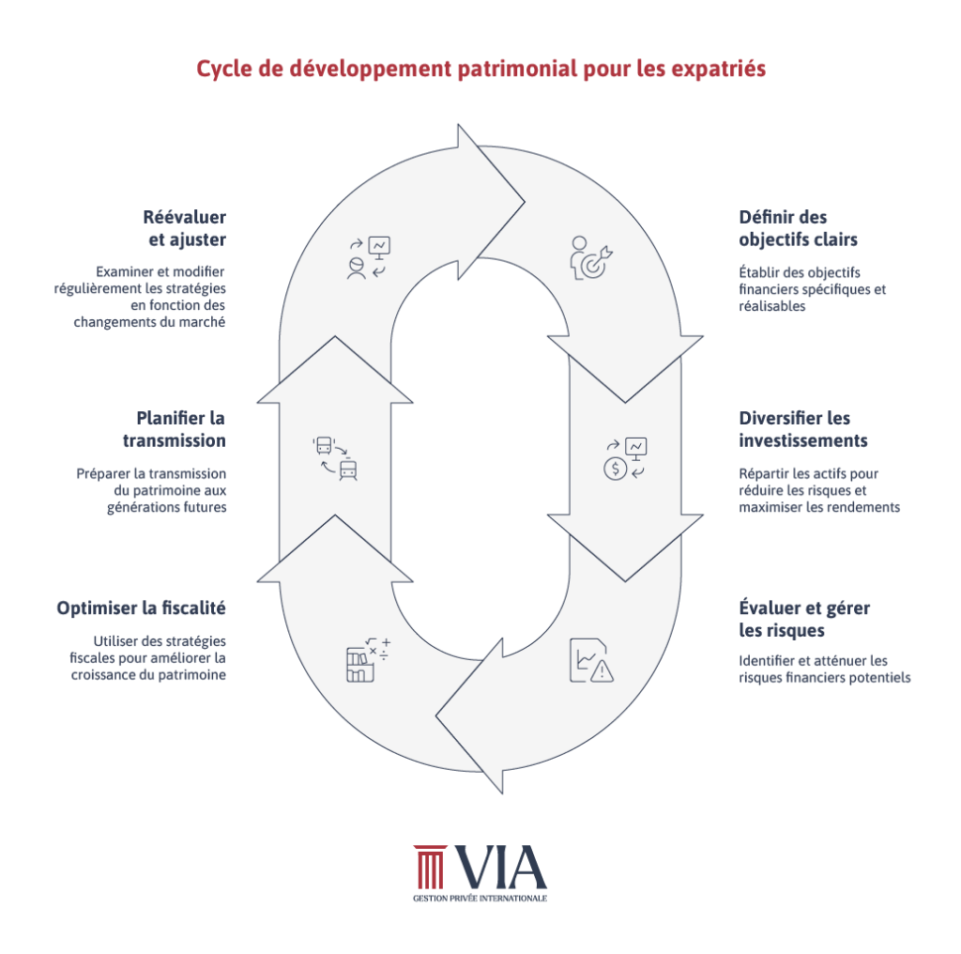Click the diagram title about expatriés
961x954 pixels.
(480, 69)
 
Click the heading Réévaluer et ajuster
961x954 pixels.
(185, 228)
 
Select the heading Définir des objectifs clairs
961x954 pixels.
(797, 228)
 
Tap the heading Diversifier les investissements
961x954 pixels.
(802, 429)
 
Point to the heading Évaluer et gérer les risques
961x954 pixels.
(803, 619)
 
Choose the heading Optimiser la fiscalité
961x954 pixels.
(142, 608)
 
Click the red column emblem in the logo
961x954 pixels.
(430, 867)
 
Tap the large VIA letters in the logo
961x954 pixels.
(500, 867)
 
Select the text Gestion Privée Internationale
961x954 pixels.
(480, 899)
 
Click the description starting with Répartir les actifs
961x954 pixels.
(819, 490)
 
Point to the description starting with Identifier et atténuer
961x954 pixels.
(824, 669)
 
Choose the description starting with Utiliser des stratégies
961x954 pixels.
(148, 657)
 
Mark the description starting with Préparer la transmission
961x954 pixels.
(151, 490)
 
